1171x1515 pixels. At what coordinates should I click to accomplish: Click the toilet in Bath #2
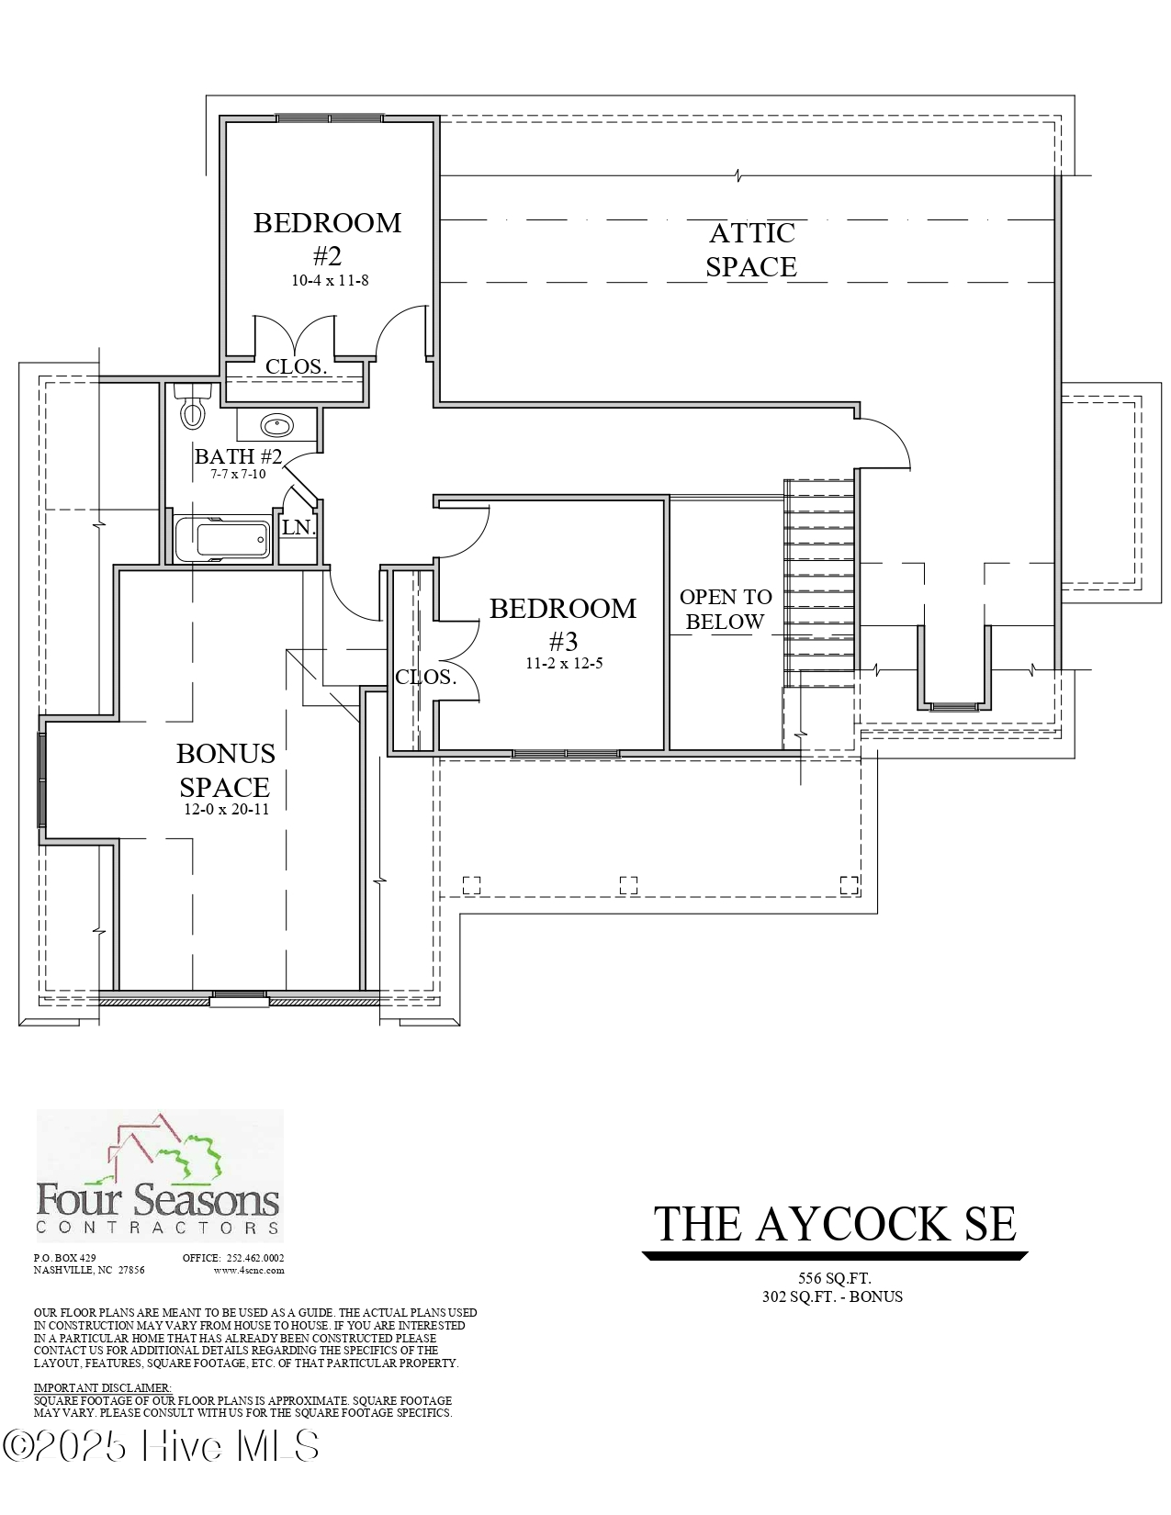[192, 409]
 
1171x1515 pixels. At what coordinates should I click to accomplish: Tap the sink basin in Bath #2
[276, 425]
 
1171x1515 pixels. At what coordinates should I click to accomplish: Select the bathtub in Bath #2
[222, 539]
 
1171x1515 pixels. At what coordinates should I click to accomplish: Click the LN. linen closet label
[298, 528]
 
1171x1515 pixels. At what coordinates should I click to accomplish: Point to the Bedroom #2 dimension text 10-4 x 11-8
[330, 280]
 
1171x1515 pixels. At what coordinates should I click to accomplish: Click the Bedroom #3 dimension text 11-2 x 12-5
[564, 663]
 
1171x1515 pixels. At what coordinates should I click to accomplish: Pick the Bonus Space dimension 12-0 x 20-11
[226, 810]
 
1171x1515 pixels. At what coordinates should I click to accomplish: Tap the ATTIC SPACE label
[750, 250]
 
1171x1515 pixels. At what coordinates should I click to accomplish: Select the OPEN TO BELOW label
[726, 609]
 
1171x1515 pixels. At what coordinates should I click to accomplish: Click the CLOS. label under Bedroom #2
[296, 366]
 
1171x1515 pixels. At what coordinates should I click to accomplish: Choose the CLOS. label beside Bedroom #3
[426, 678]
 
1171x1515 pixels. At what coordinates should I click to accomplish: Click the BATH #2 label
[238, 456]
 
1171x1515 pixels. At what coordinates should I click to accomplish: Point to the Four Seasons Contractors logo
[159, 1175]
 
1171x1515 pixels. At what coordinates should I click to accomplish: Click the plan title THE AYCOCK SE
[834, 1224]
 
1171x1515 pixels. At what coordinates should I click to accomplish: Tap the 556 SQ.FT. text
[834, 1278]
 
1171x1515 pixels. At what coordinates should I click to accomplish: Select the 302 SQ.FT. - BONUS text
[832, 1296]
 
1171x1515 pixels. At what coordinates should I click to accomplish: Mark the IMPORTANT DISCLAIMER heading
[103, 1387]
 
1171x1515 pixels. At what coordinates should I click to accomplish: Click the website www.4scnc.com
[249, 1271]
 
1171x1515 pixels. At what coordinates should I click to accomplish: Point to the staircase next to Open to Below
[819, 580]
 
